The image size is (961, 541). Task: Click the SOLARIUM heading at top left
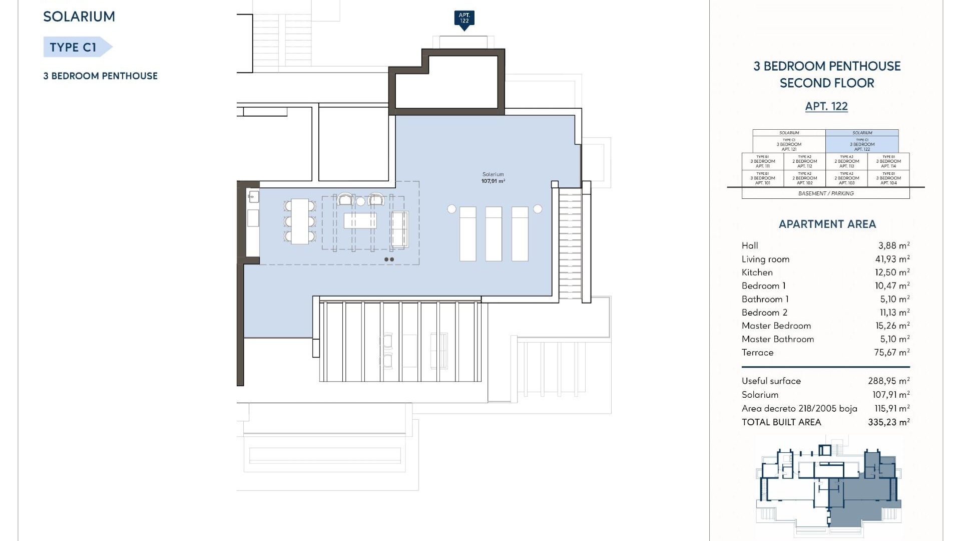[x=79, y=17]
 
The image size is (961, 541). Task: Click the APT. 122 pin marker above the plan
[x=464, y=19]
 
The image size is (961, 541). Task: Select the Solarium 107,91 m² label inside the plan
[x=493, y=178]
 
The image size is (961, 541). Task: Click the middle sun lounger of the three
[x=494, y=234]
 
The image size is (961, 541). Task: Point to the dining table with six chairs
[x=300, y=221]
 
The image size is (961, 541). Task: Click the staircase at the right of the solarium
[x=570, y=244]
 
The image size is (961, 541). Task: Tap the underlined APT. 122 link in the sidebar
[x=826, y=106]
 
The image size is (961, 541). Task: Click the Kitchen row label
[x=757, y=273]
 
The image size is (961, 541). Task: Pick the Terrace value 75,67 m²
[x=891, y=353]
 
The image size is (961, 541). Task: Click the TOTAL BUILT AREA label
[x=781, y=422]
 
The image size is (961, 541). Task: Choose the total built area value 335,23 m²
[x=888, y=422]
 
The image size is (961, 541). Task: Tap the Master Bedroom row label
[x=776, y=326]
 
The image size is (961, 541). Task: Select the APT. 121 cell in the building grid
[x=789, y=144]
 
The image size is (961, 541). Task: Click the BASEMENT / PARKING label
[x=826, y=193]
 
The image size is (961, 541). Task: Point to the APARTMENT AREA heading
[x=827, y=224]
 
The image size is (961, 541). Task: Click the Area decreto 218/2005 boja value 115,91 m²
[x=891, y=409]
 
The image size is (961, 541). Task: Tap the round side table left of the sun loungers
[x=451, y=209]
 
